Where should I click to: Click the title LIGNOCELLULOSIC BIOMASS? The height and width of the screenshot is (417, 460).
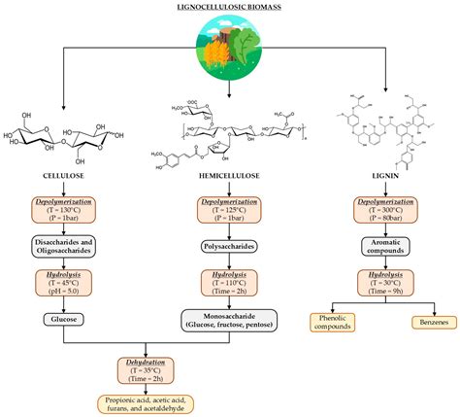click(229, 7)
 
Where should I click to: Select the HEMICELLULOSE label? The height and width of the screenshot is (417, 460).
click(230, 176)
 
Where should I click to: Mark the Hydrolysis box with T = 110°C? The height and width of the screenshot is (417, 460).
click(230, 283)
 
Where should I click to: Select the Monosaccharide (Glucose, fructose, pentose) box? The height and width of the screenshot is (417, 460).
click(230, 321)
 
